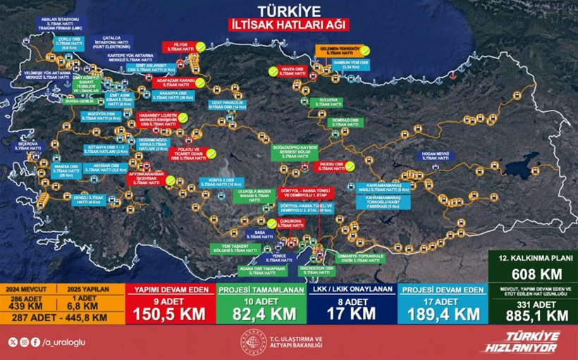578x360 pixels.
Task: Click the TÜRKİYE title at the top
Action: click(289, 11)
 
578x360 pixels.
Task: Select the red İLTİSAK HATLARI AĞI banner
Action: click(289, 24)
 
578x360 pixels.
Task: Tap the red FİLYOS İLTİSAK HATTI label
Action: click(177, 47)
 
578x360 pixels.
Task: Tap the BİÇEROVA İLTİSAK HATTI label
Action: click(29, 146)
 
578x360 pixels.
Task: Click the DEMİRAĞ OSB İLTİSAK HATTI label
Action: click(340, 123)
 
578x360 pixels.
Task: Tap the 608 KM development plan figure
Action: click(533, 273)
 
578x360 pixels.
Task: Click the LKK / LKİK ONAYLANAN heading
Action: click(350, 290)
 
